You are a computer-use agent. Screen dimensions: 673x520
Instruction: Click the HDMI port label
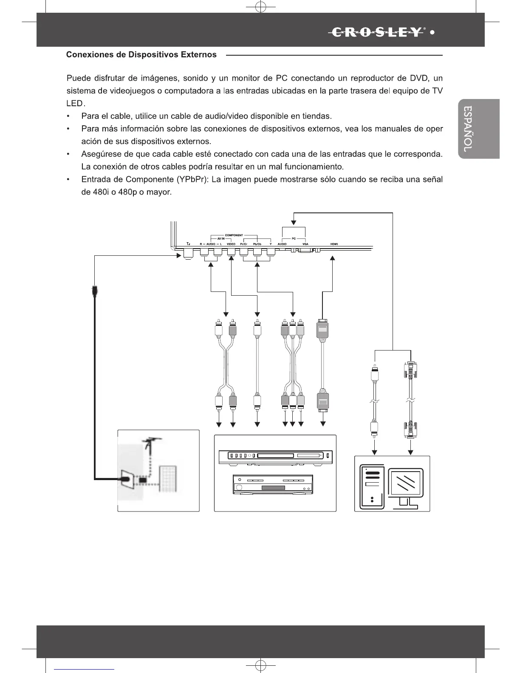[x=333, y=244]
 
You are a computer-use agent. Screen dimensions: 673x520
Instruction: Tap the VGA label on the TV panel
[x=305, y=244]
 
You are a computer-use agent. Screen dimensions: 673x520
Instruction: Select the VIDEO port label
[x=231, y=244]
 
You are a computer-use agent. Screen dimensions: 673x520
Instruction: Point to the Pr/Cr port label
[x=243, y=244]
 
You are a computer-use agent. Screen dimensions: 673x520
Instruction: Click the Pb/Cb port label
[x=257, y=244]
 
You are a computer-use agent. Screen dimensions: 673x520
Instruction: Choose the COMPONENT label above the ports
[x=234, y=235]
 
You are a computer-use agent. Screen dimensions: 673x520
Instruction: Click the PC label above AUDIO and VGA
[x=294, y=239]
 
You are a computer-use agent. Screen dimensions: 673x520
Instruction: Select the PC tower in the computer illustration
[x=372, y=486]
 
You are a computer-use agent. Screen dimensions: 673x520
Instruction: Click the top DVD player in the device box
[x=275, y=456]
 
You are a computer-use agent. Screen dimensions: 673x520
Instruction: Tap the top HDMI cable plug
[x=323, y=330]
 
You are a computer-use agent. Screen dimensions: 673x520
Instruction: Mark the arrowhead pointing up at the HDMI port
[x=333, y=259]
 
